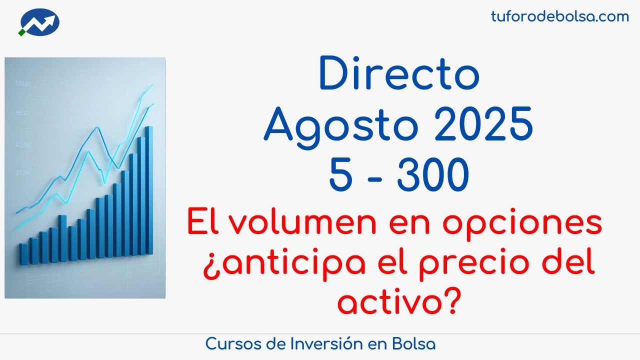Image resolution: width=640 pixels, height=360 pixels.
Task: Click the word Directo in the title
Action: pyautogui.click(x=399, y=73)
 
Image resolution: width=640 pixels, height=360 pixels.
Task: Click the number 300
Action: pyautogui.click(x=433, y=175)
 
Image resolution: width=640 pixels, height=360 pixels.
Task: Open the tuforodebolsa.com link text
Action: pyautogui.click(x=560, y=16)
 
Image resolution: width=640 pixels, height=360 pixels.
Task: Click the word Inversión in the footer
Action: pyautogui.click(x=326, y=343)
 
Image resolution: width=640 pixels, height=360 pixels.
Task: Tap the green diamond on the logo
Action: pyautogui.click(x=21, y=32)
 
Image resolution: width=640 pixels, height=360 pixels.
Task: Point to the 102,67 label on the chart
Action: pyautogui.click(x=23, y=83)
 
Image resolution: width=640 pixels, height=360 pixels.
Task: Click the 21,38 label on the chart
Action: pyautogui.click(x=22, y=172)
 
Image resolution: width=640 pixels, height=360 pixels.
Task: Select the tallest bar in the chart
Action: pyautogui.click(x=149, y=190)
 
